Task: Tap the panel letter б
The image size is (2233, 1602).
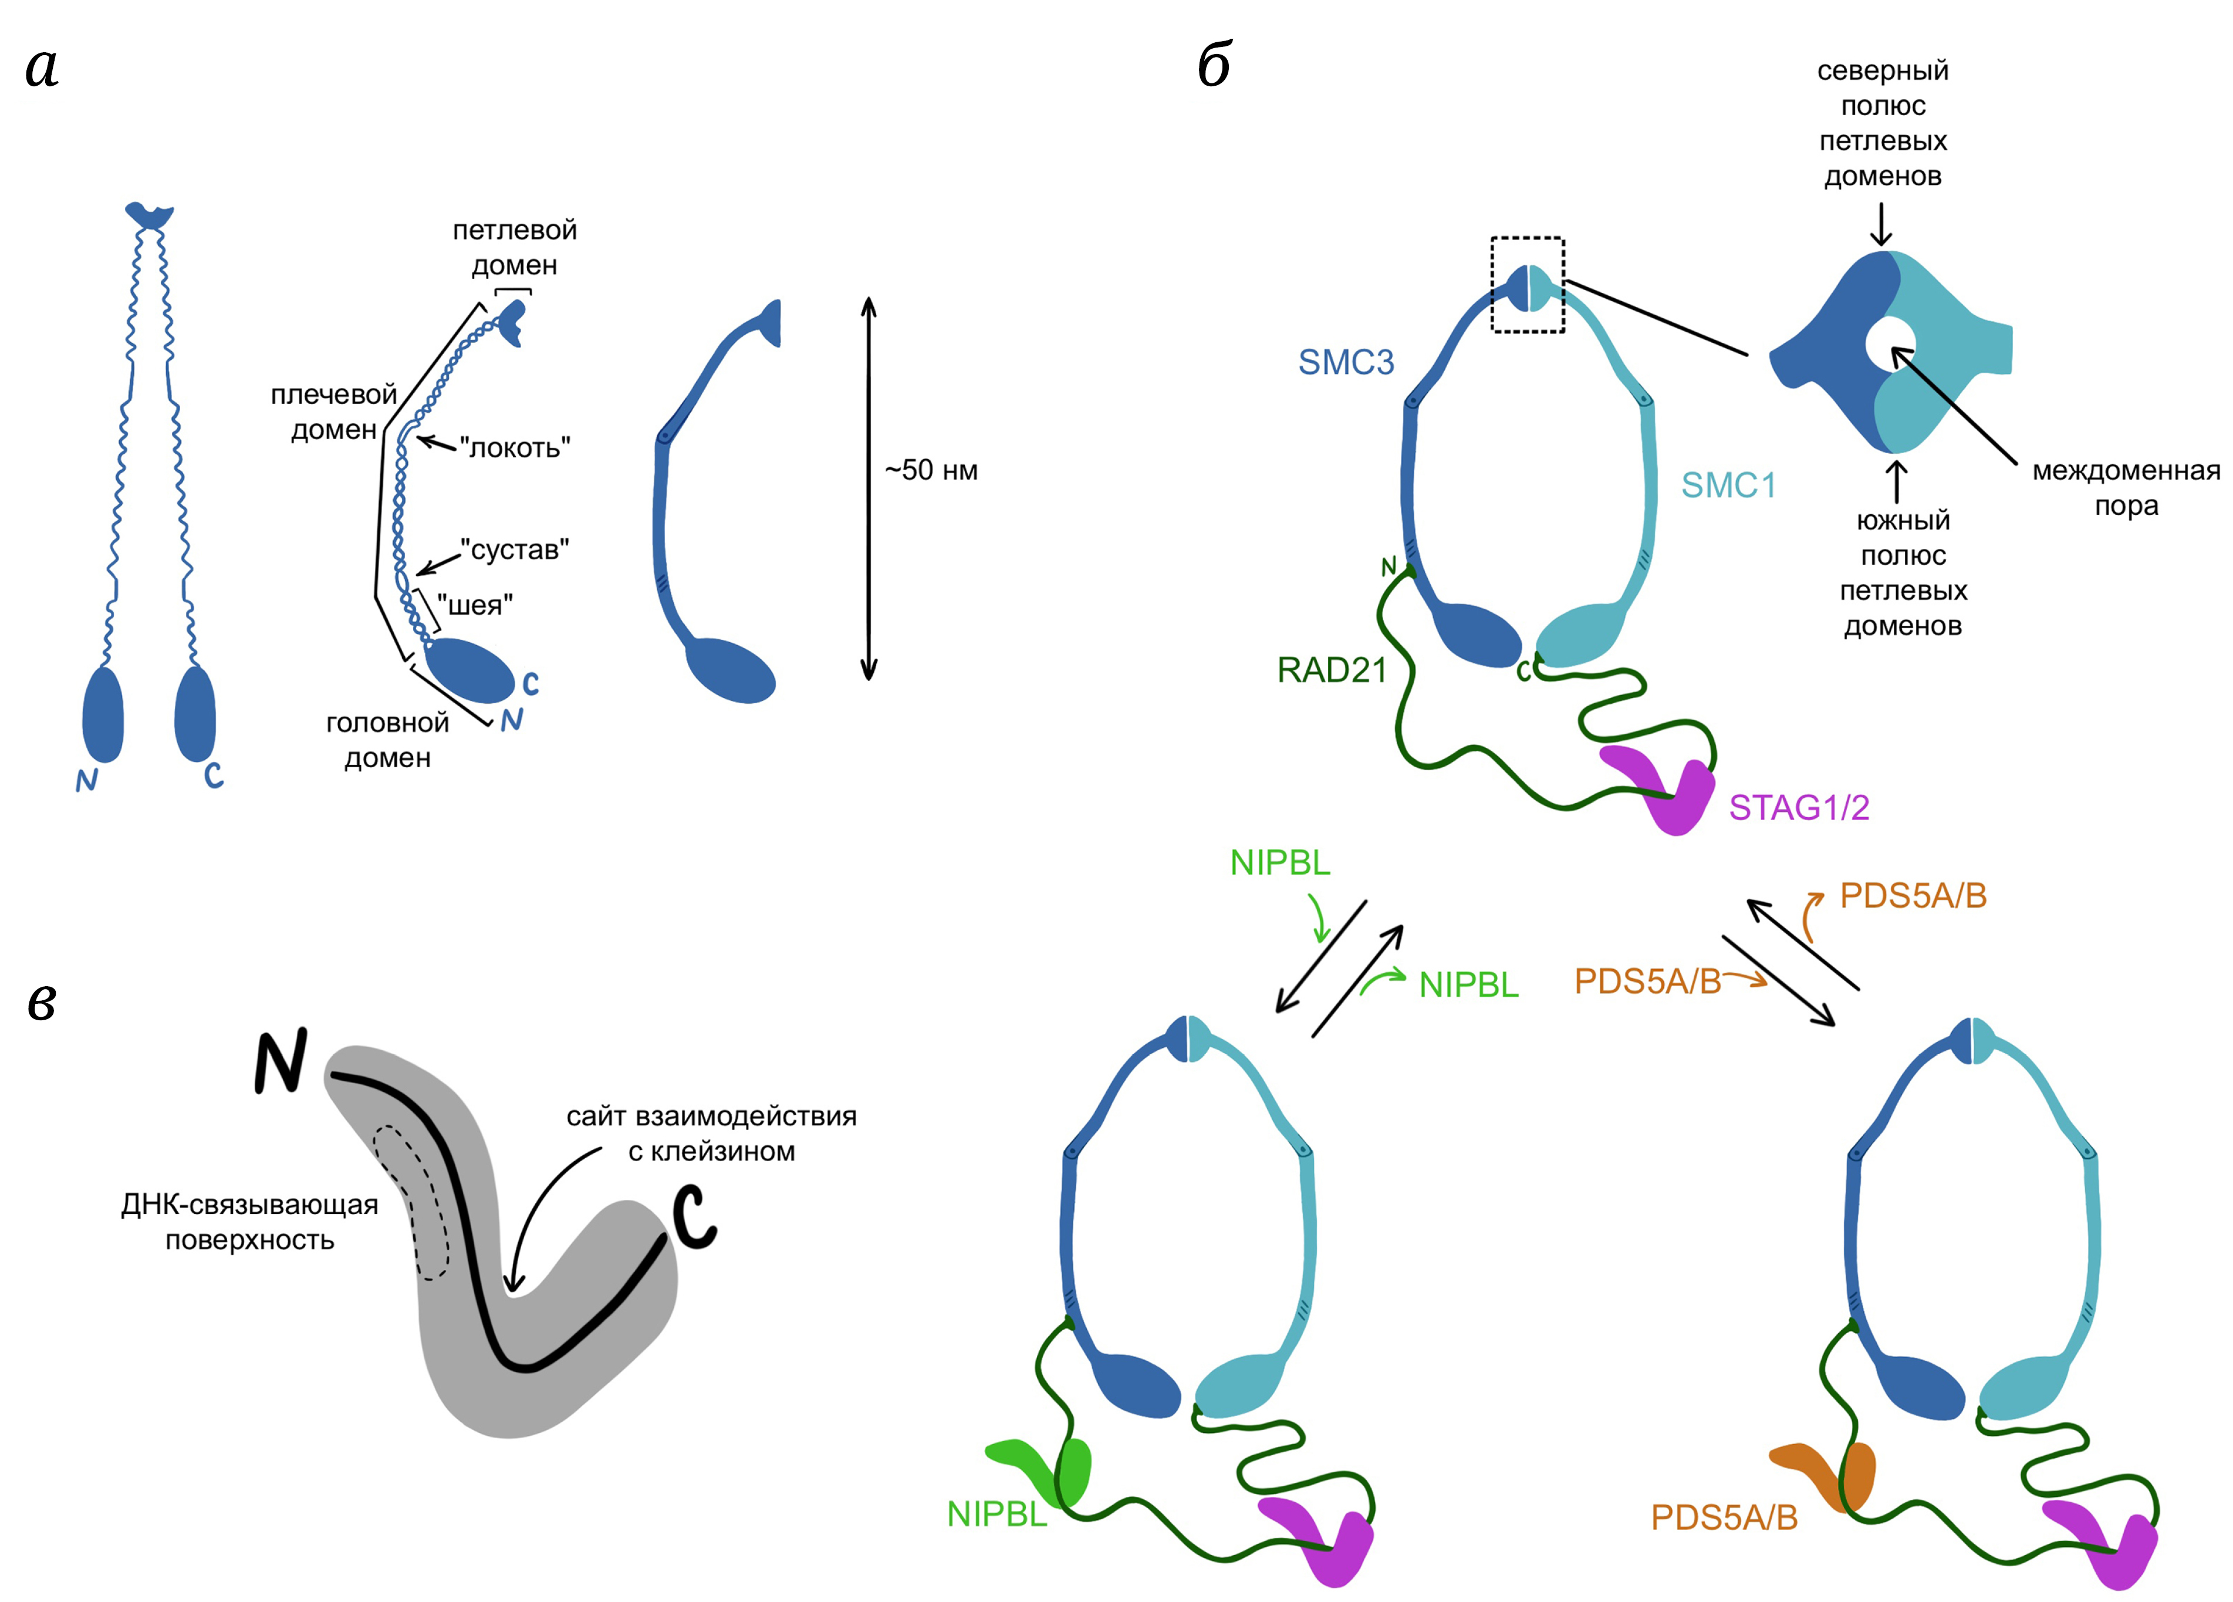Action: pos(1214,67)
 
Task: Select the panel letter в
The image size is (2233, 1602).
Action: pos(41,1003)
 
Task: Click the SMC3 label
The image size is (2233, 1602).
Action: pos(1345,362)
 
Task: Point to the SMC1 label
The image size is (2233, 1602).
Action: pos(1728,485)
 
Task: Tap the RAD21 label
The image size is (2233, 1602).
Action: pos(1331,670)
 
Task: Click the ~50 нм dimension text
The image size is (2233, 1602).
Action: pos(930,471)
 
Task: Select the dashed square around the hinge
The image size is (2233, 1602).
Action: pos(1527,285)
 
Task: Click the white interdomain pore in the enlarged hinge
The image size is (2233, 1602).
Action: pos(1889,345)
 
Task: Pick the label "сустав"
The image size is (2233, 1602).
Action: pos(515,549)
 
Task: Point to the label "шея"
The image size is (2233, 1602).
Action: pos(475,606)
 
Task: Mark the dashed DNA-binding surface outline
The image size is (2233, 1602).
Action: pos(411,1201)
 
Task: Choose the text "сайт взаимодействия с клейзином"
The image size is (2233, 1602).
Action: pos(711,1134)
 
